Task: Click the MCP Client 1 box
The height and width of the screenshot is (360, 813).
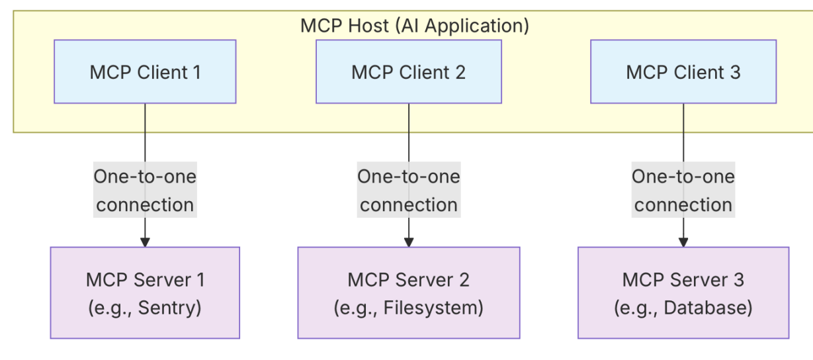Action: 145,71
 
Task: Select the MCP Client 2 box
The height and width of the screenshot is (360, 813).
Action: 408,71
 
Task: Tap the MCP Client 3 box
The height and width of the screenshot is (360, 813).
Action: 683,71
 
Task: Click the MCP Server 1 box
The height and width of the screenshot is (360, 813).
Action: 145,292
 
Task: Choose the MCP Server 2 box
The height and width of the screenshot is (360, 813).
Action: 408,292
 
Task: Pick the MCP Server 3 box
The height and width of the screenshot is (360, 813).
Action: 683,292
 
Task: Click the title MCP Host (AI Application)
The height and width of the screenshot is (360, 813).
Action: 415,26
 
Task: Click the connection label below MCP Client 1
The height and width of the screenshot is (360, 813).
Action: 145,191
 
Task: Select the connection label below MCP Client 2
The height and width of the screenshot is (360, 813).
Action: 408,191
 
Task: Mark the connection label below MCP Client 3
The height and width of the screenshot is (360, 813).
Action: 683,191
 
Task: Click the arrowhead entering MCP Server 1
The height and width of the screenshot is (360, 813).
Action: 145,242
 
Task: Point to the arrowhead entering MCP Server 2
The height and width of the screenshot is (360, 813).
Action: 408,242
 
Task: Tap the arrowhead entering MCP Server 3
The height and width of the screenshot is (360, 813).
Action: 683,242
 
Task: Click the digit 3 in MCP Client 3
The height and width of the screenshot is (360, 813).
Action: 736,72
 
